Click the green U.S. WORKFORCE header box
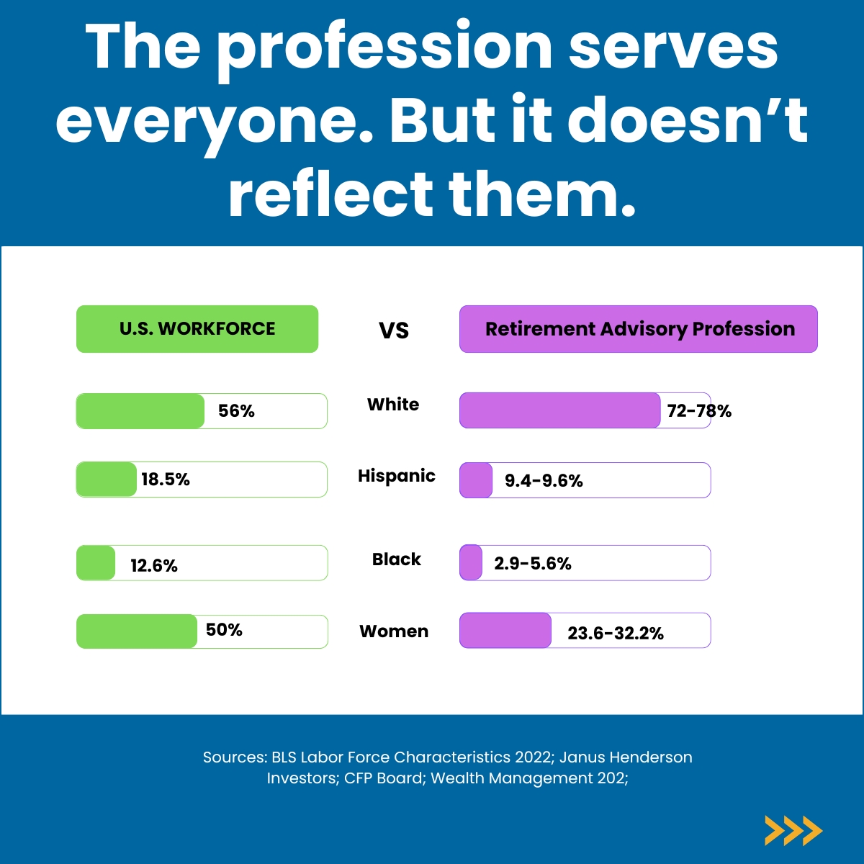click(x=197, y=329)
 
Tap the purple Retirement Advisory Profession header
click(x=639, y=329)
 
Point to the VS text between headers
click(x=394, y=330)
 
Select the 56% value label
click(x=236, y=411)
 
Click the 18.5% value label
click(x=166, y=480)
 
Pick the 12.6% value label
click(x=154, y=566)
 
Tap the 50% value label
click(x=224, y=630)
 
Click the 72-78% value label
click(x=699, y=411)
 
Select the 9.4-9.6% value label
click(x=544, y=481)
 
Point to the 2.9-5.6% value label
click(x=533, y=564)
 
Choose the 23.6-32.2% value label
click(x=616, y=634)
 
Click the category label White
click(x=393, y=405)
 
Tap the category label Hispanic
click(x=397, y=476)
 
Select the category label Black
click(x=397, y=559)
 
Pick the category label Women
click(x=394, y=631)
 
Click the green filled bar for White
click(x=140, y=411)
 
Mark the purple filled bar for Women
click(x=505, y=631)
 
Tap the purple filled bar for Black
click(x=471, y=562)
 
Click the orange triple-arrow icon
click(x=793, y=831)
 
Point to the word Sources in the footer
click(x=234, y=757)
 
